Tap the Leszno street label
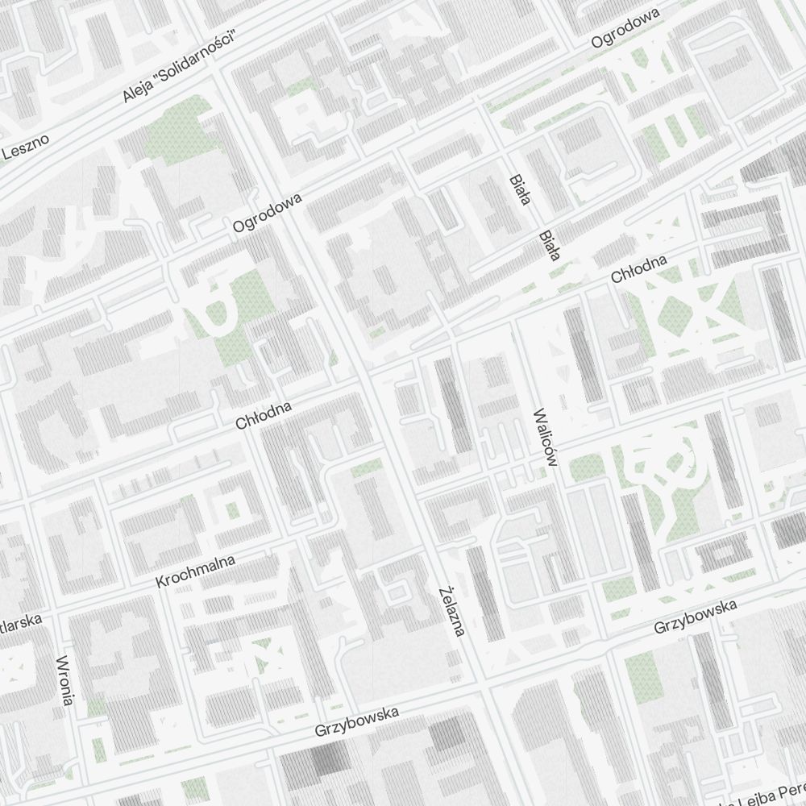pyautogui.click(x=25, y=146)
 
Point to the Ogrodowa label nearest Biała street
pyautogui.click(x=625, y=29)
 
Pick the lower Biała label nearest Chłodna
pyautogui.click(x=549, y=247)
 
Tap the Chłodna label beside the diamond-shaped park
pyautogui.click(x=639, y=269)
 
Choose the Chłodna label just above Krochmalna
pyautogui.click(x=263, y=413)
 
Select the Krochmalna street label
pyautogui.click(x=196, y=570)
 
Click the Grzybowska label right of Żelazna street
pyautogui.click(x=695, y=615)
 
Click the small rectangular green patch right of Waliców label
pyautogui.click(x=586, y=467)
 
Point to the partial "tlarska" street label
pyautogui.click(x=18, y=626)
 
